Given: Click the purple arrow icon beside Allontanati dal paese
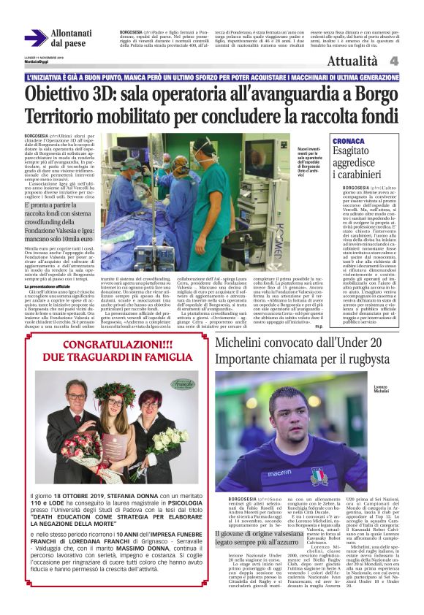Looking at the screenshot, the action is [x=35, y=37].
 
